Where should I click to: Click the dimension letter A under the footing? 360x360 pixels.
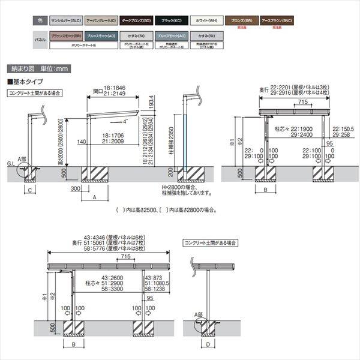point(95,196)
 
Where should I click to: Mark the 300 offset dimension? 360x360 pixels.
point(75,188)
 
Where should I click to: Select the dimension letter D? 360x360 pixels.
point(208,346)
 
